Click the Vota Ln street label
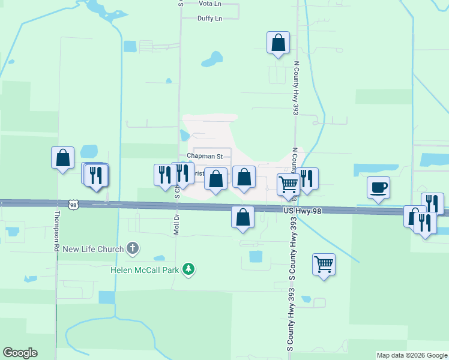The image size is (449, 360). tap(209, 4)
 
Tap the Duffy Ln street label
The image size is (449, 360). tap(209, 19)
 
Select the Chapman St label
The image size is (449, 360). tap(205, 156)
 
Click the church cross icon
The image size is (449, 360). tap(133, 248)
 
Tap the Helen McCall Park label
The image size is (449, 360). tap(145, 270)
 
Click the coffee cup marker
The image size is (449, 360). tap(378, 188)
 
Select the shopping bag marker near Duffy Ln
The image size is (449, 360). tap(278, 43)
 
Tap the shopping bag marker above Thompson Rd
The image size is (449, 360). tap(63, 158)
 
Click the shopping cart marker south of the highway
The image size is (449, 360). tap(324, 264)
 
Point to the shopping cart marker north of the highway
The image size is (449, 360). tap(288, 185)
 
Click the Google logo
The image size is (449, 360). tap(20, 353)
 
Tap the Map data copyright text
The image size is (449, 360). tap(412, 355)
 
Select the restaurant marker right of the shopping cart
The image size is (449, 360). tap(307, 179)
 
